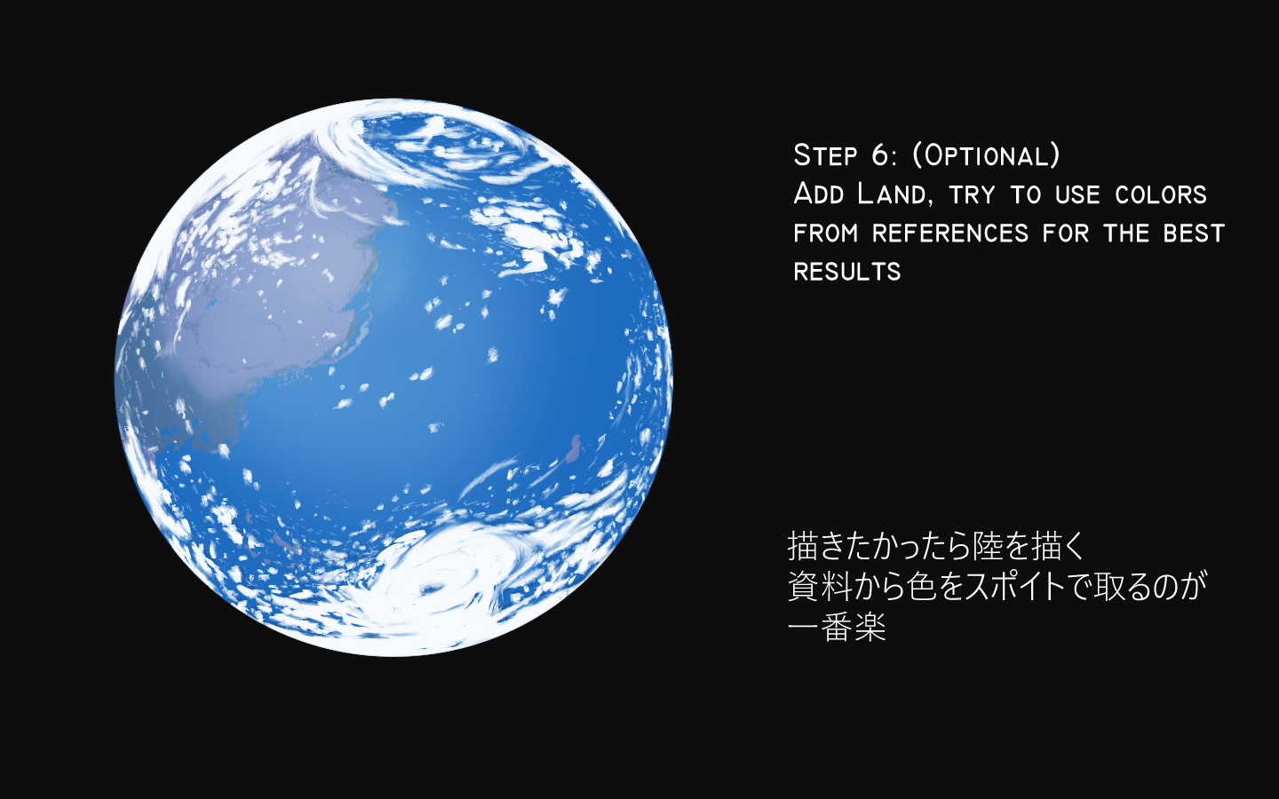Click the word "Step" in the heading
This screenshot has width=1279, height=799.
(826, 154)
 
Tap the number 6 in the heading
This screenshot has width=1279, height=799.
(883, 155)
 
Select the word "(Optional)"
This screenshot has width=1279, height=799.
(987, 155)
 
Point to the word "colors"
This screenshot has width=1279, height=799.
(1160, 195)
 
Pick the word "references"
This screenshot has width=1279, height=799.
(950, 233)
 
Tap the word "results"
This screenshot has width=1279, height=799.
(847, 272)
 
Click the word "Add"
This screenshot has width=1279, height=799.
(819, 194)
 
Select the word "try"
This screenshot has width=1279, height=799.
(972, 195)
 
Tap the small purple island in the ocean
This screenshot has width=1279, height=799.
(574, 448)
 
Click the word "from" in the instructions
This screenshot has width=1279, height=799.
(826, 233)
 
